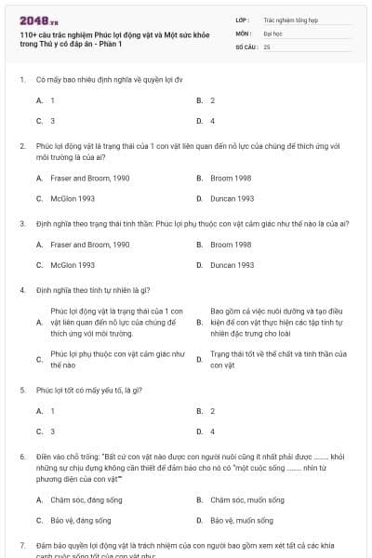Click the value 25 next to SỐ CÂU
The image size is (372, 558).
click(267, 46)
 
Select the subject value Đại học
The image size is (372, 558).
click(272, 32)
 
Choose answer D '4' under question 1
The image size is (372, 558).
click(212, 121)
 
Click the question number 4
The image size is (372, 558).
click(21, 290)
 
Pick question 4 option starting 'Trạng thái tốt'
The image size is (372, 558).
click(277, 359)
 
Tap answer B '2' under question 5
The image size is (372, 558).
click(212, 410)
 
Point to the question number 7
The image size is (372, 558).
click(21, 542)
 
